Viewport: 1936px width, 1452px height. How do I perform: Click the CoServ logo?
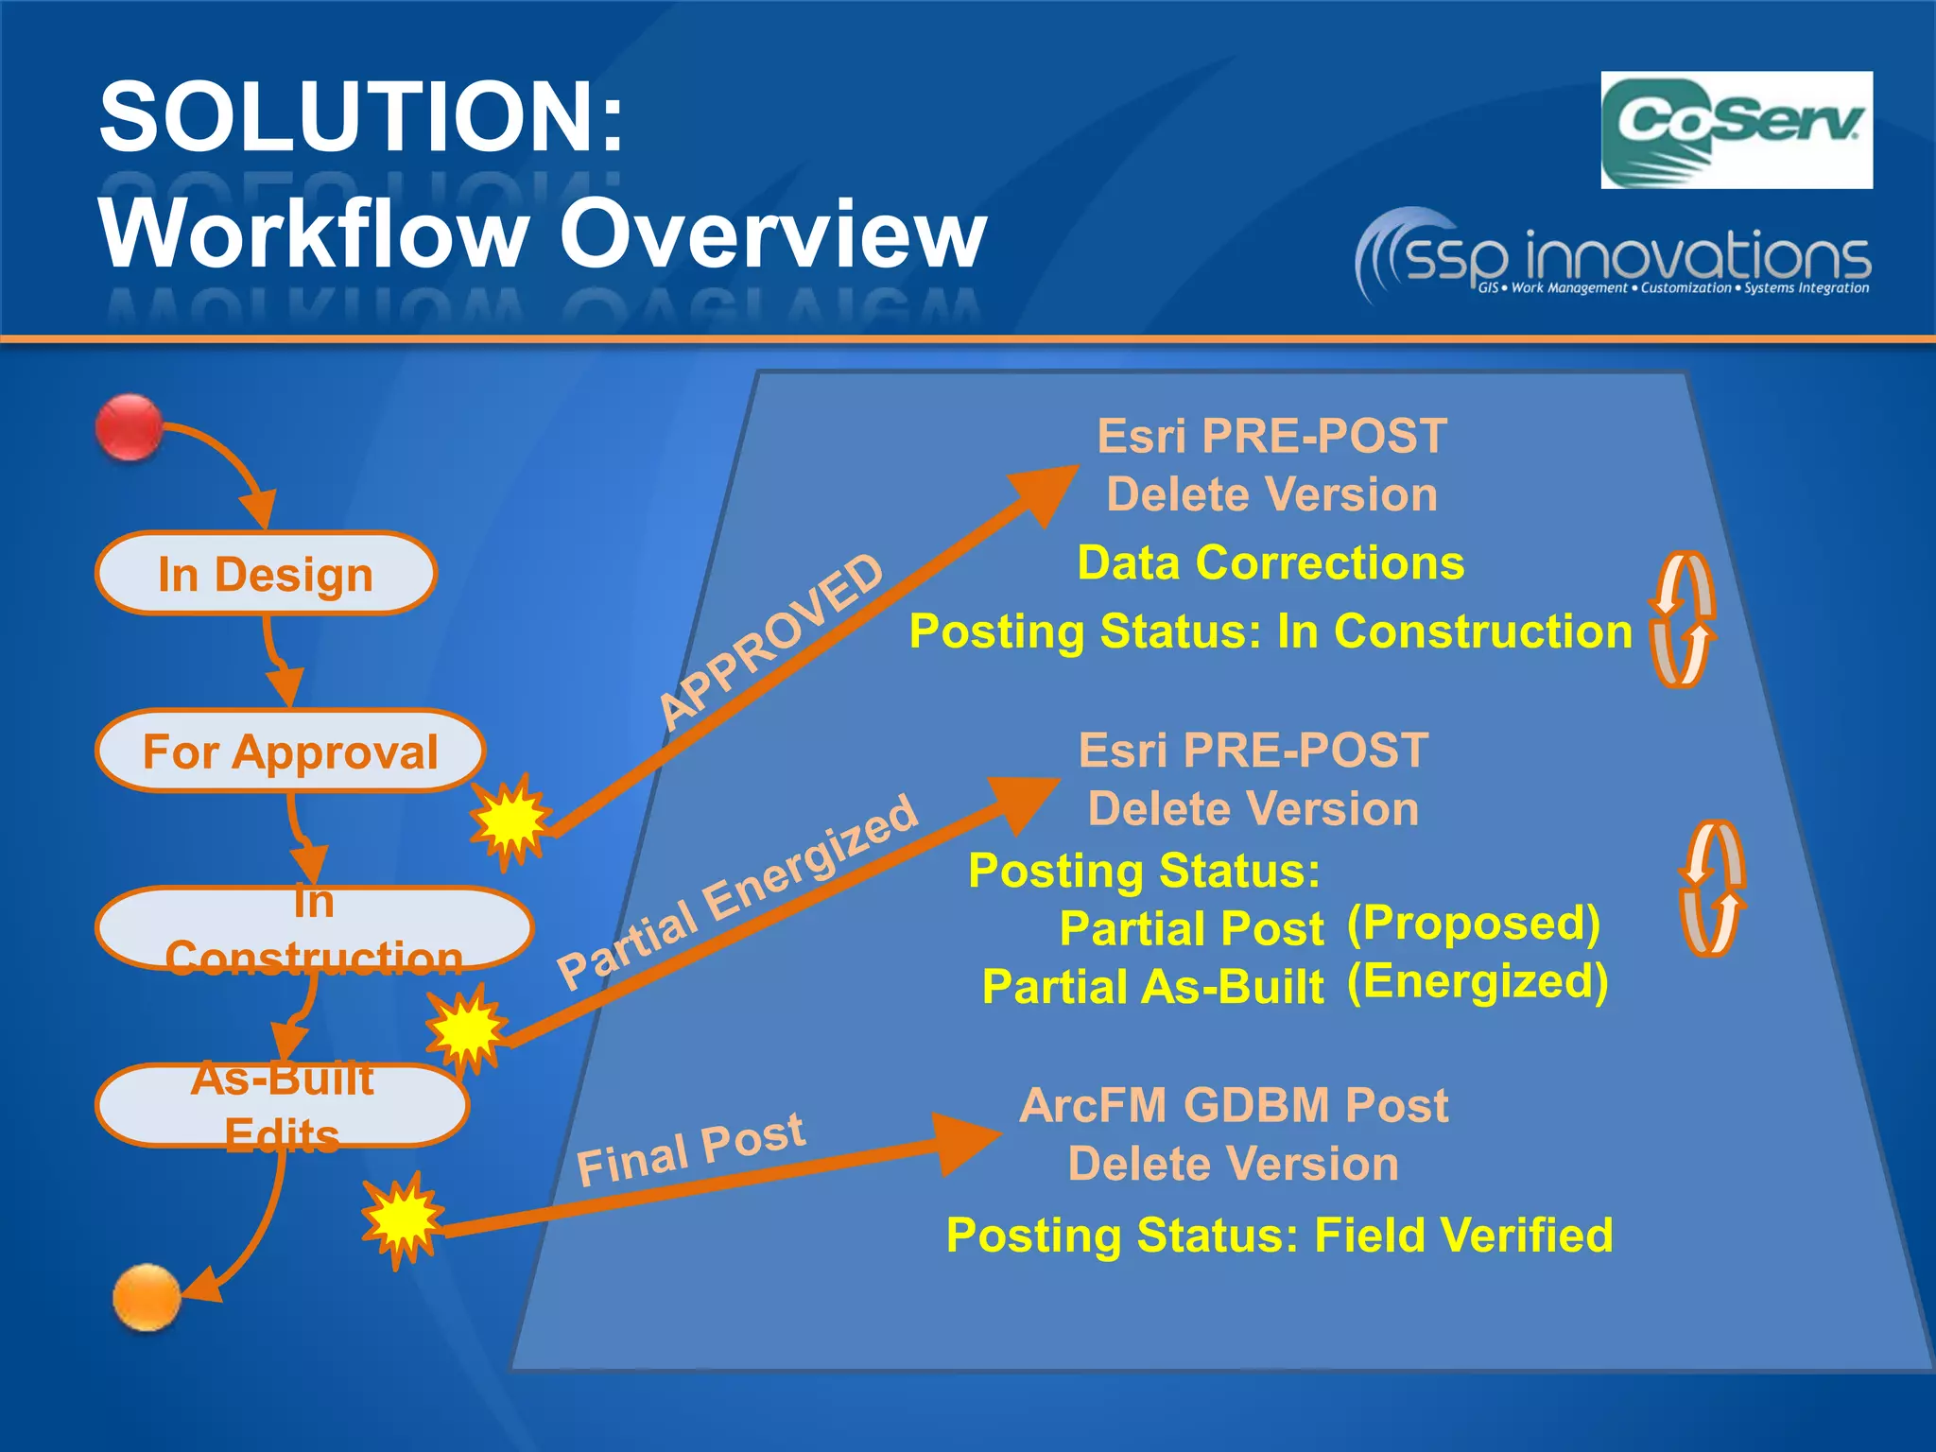coord(1736,130)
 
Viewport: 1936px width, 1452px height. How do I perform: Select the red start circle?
coord(130,428)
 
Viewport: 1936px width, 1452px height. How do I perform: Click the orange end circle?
coord(147,1296)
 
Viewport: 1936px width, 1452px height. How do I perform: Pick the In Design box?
coord(266,574)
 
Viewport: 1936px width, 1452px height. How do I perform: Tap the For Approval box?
coord(290,752)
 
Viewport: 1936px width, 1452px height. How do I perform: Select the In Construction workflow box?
coord(314,929)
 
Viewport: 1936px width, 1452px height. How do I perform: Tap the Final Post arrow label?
coord(691,1149)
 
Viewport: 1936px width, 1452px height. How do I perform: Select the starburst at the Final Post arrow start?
coord(403,1219)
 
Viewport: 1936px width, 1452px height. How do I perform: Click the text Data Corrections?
coord(1270,563)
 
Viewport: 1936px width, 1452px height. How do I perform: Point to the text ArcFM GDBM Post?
coord(1234,1105)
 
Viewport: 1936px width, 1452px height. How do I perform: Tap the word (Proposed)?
coord(1473,924)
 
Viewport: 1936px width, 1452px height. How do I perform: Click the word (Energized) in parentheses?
coord(1477,982)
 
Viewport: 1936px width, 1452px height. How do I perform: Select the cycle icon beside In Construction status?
coord(1683,619)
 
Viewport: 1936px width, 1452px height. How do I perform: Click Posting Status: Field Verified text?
coord(1279,1236)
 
